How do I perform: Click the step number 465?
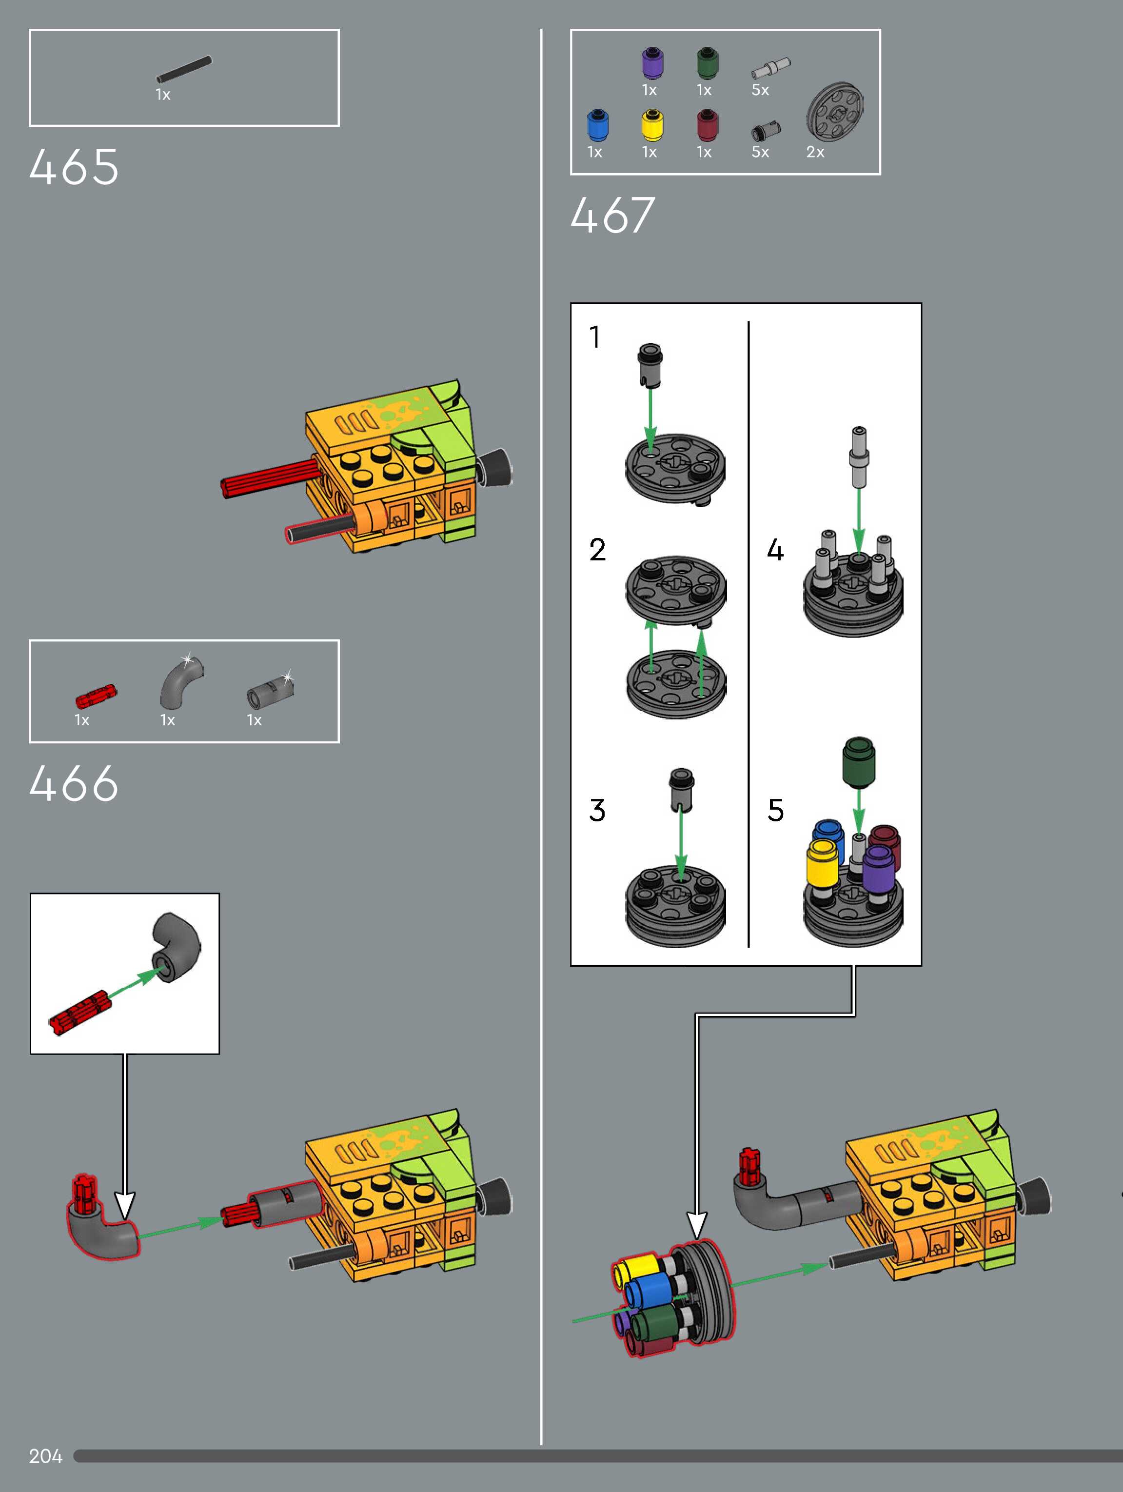(x=74, y=167)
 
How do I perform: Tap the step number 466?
(x=74, y=783)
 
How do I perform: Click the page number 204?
(x=45, y=1456)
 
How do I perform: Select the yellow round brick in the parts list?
(x=651, y=125)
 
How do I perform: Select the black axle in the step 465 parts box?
(x=183, y=69)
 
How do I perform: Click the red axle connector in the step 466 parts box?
(x=96, y=696)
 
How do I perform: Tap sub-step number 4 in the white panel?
(x=776, y=550)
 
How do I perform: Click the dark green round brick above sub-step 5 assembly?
(x=859, y=762)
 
